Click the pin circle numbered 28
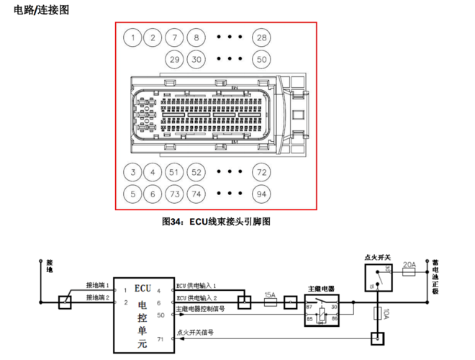click(x=261, y=37)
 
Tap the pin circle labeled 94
click(x=261, y=194)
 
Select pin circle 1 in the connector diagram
click(x=132, y=37)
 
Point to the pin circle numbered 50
click(x=261, y=59)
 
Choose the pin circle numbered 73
click(x=173, y=194)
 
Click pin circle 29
click(x=173, y=59)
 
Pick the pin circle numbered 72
click(x=261, y=172)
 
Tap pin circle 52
click(x=196, y=172)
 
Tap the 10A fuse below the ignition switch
click(x=376, y=314)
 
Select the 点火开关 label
click(x=378, y=257)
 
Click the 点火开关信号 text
click(x=195, y=333)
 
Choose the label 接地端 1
click(x=98, y=286)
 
